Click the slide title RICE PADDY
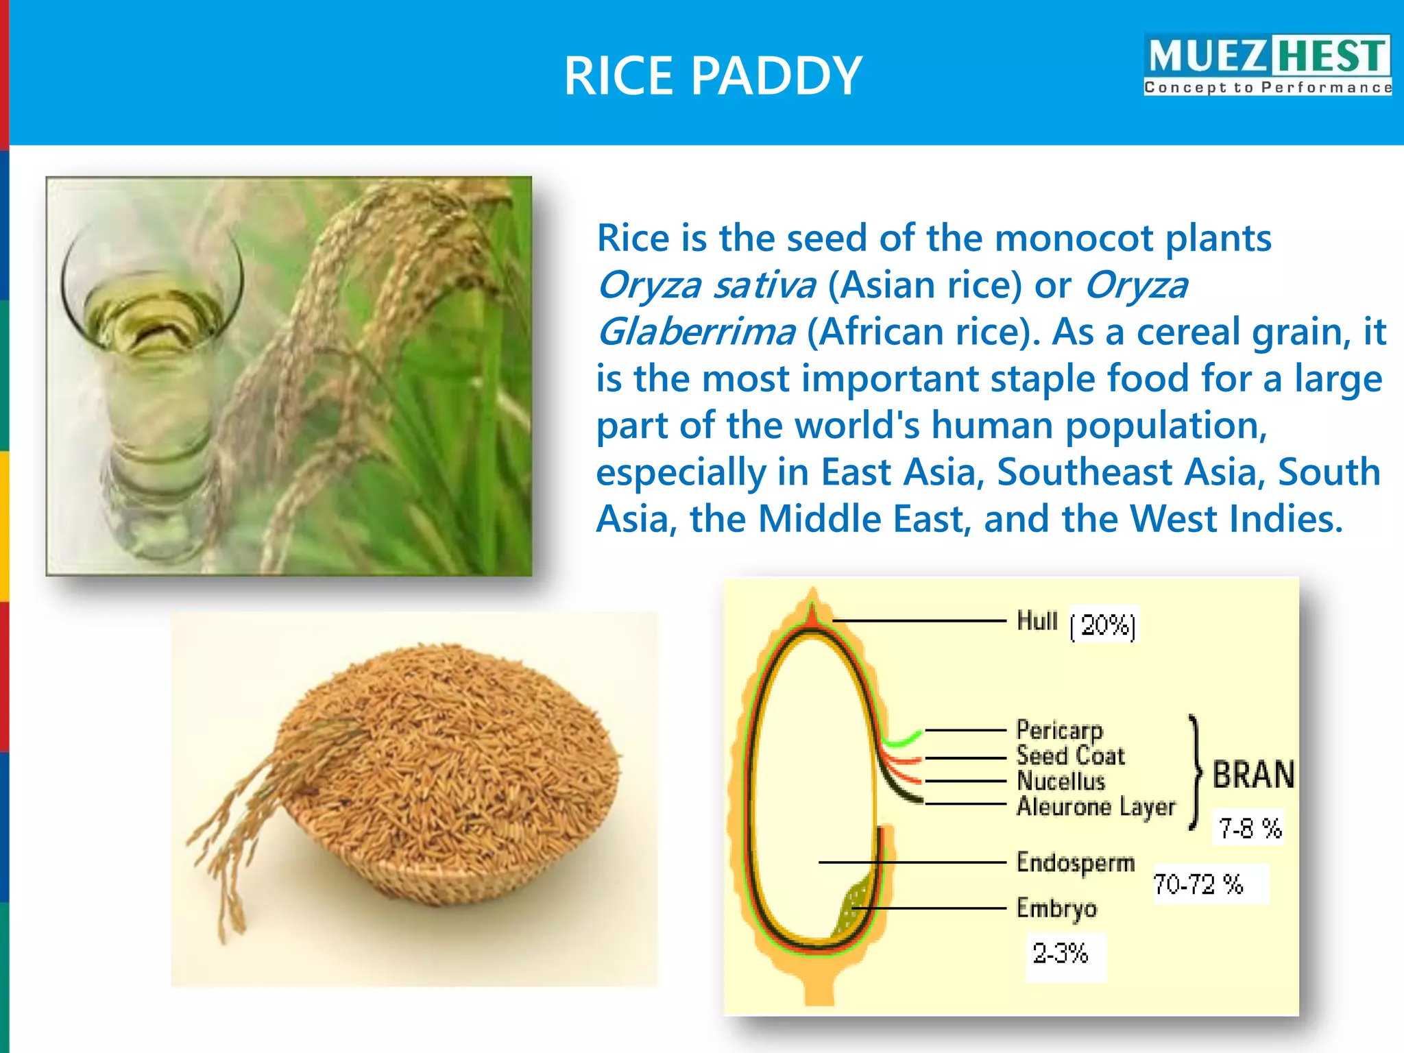point(712,75)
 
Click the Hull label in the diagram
point(1037,620)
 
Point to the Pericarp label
point(1059,729)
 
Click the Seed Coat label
point(1070,755)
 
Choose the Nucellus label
point(1061,781)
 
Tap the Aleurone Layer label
point(1096,807)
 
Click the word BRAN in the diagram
point(1253,775)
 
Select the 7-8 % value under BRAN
point(1250,828)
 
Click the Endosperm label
point(1075,862)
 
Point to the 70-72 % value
point(1198,884)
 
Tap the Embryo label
point(1056,908)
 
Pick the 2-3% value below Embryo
point(1061,954)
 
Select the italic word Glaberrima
point(696,332)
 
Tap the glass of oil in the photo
point(154,384)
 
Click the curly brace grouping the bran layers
point(1196,772)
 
